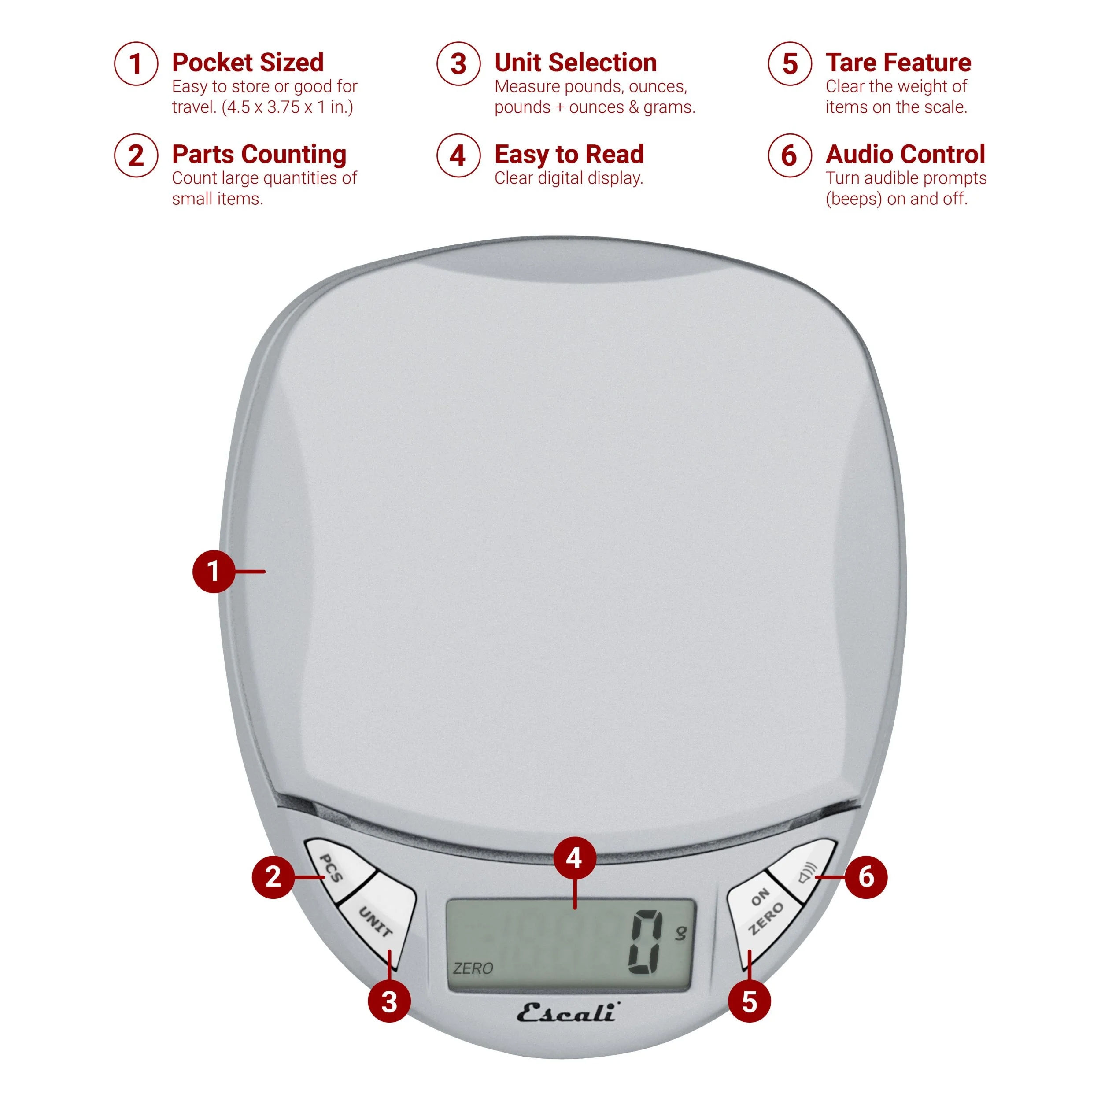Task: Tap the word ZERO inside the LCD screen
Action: (473, 968)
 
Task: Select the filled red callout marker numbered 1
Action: (214, 571)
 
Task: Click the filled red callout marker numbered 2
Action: (273, 877)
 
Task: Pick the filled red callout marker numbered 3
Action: (389, 1002)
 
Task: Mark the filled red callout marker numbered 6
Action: (866, 877)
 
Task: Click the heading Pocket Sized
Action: (248, 62)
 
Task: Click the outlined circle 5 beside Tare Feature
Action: (789, 64)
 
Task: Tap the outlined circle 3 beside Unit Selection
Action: (458, 64)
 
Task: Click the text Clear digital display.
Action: (569, 178)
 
